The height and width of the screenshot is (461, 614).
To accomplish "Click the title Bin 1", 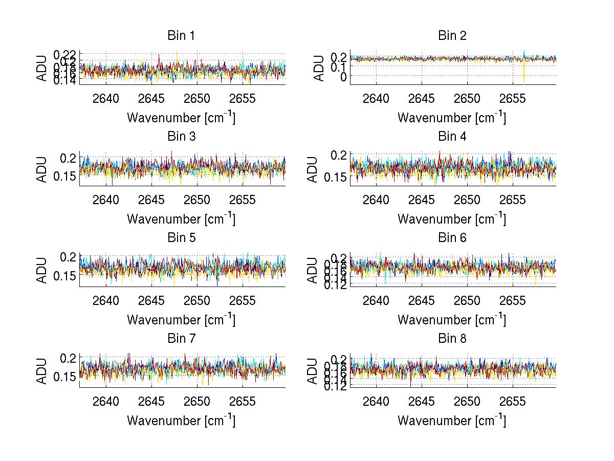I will (x=181, y=36).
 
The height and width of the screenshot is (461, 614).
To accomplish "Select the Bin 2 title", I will (x=452, y=36).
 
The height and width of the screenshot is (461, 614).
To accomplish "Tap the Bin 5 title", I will (x=181, y=238).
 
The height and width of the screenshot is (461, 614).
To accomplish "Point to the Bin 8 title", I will (x=452, y=339).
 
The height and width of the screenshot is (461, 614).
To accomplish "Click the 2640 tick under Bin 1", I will (x=106, y=99).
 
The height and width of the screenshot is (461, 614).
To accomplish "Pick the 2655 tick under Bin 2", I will (x=512, y=99).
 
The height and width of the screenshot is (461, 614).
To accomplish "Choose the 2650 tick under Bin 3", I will (x=197, y=200).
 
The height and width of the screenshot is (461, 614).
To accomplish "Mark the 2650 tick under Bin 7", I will (x=197, y=402).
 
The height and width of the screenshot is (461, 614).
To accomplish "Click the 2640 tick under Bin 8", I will (x=377, y=402).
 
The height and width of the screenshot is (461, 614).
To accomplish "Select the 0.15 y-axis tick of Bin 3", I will (x=64, y=177).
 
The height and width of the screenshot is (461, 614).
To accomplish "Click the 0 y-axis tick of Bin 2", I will (x=343, y=76).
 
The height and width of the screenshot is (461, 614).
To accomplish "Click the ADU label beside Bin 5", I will (x=42, y=270).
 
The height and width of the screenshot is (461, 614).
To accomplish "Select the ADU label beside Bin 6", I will (x=313, y=270).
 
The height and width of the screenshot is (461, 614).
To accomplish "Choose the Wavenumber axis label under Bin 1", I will (x=181, y=118).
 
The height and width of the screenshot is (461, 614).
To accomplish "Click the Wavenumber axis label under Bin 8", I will (x=452, y=421).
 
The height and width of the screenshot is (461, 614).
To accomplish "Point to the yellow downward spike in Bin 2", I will (x=524, y=77).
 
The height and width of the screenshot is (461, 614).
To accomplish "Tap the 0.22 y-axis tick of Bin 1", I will (x=64, y=54).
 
